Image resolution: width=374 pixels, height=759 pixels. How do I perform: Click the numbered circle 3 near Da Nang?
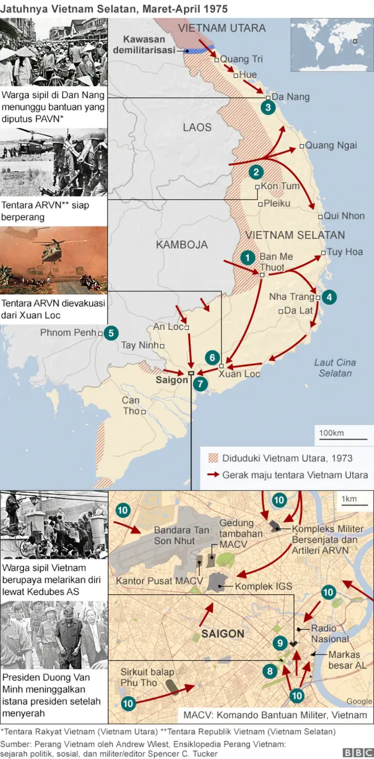(x=268, y=107)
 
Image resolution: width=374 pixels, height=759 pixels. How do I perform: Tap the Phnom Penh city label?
(x=68, y=333)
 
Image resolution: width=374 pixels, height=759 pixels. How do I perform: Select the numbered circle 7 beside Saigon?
(x=200, y=384)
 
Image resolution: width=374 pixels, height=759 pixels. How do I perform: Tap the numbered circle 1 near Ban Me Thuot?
(x=248, y=257)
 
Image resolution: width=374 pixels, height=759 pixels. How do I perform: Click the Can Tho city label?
(x=131, y=405)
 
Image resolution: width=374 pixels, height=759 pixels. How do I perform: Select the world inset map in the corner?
(x=332, y=44)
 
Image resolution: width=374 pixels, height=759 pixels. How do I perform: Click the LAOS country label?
(x=197, y=127)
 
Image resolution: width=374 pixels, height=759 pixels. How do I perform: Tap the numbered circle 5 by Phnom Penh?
(x=110, y=333)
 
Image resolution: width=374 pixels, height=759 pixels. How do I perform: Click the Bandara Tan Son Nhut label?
(x=181, y=535)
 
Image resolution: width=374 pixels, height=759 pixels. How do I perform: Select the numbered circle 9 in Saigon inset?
(x=280, y=643)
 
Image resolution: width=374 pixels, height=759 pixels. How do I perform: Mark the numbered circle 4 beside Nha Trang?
(x=329, y=297)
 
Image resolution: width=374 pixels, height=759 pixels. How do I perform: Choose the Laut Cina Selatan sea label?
(x=335, y=367)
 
